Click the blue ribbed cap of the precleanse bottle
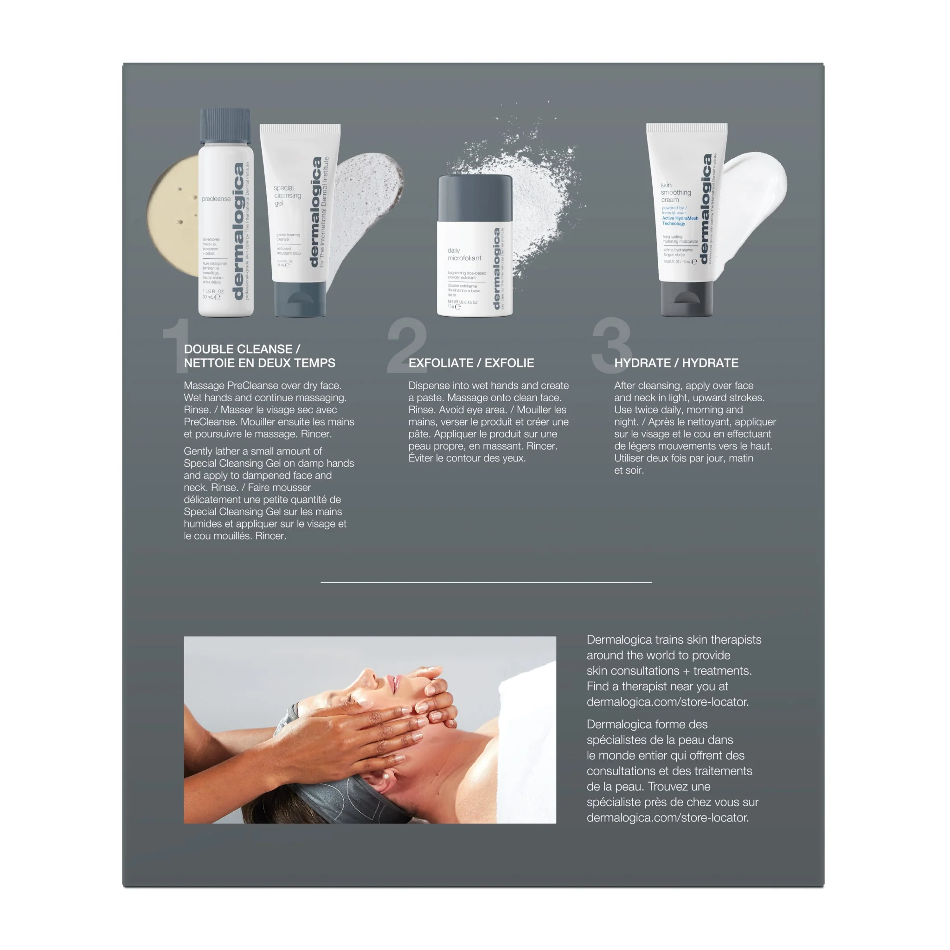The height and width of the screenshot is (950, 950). click(x=225, y=125)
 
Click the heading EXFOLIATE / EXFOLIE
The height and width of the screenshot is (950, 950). click(x=471, y=363)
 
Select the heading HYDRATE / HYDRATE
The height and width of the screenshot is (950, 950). click(x=676, y=363)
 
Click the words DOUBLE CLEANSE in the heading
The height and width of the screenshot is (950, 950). click(x=238, y=349)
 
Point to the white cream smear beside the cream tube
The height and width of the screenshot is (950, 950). click(x=752, y=192)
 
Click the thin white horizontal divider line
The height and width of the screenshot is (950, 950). click(x=486, y=582)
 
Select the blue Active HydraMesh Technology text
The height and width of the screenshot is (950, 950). click(x=680, y=221)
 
